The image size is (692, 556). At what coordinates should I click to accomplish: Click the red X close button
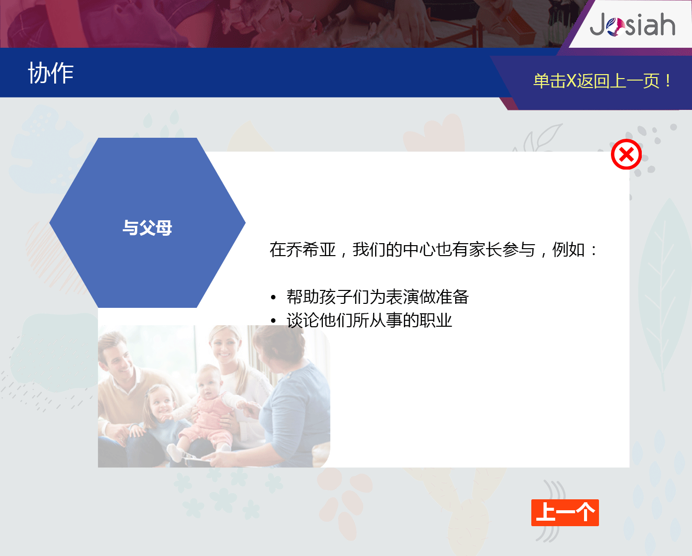click(626, 154)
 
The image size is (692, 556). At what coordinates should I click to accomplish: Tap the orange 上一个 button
click(565, 513)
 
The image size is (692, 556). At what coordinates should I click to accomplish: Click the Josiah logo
click(632, 24)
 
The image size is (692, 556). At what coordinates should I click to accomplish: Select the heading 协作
click(51, 73)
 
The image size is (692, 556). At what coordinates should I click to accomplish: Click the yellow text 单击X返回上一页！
click(602, 81)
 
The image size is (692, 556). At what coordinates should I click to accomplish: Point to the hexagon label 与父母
click(147, 228)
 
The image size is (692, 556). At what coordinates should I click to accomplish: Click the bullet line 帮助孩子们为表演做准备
click(378, 296)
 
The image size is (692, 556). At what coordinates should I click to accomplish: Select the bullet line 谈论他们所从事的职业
click(369, 320)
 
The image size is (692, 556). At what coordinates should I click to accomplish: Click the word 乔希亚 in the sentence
click(311, 250)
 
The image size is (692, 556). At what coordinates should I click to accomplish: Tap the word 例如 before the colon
click(568, 250)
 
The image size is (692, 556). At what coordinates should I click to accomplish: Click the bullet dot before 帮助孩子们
click(273, 297)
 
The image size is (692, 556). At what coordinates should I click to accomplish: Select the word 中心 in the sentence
click(419, 250)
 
